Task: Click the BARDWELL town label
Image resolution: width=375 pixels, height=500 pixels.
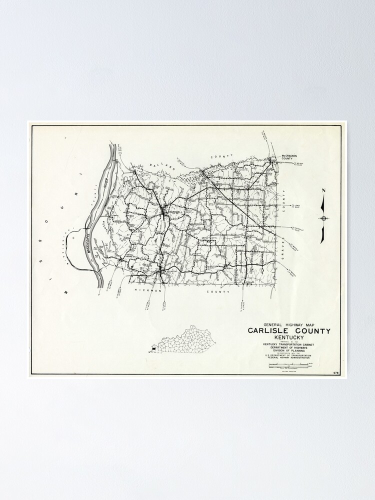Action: (x=176, y=212)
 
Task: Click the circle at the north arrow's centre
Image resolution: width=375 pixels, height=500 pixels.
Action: (x=323, y=218)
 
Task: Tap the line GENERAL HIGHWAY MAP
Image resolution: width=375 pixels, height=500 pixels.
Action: (x=287, y=323)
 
